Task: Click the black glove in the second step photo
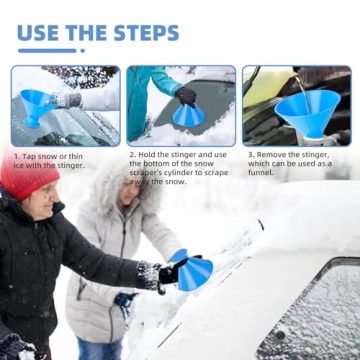[x=186, y=96]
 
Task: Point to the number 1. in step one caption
[x=17, y=157]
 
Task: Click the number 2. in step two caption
[x=132, y=156]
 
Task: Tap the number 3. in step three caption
[x=251, y=156]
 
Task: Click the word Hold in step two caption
[x=148, y=156]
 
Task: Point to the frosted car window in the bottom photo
[x=320, y=310]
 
